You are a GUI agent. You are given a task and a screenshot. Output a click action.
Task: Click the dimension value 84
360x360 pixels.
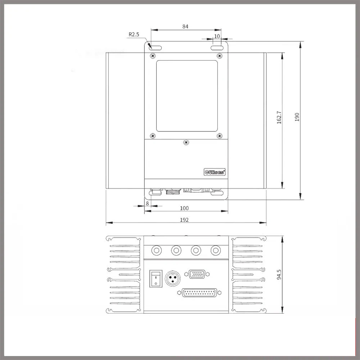tap(185, 27)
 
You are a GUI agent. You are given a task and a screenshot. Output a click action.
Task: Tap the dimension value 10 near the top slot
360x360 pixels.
tap(217, 36)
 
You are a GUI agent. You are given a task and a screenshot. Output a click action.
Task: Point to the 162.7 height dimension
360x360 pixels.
tap(279, 117)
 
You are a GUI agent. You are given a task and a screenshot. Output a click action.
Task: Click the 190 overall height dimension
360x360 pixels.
tap(297, 117)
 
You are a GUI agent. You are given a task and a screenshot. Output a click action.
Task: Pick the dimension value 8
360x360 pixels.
tap(147, 203)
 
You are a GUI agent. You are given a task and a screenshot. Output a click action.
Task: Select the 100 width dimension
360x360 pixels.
tap(184, 208)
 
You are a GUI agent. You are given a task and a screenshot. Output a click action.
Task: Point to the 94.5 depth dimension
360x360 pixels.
tap(279, 274)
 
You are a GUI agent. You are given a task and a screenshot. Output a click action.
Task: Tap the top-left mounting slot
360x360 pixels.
tap(155, 48)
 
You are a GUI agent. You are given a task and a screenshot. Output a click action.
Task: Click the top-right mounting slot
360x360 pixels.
tap(217, 48)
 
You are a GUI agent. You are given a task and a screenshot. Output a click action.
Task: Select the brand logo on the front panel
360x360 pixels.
tap(215, 172)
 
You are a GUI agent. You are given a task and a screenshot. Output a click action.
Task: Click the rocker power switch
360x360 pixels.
tap(156, 278)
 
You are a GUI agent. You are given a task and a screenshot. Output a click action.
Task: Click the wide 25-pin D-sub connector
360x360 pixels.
tap(197, 292)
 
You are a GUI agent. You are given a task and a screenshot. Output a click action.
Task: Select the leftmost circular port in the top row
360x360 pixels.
tap(157, 249)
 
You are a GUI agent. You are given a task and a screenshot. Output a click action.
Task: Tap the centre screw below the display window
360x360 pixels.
tap(186, 143)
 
